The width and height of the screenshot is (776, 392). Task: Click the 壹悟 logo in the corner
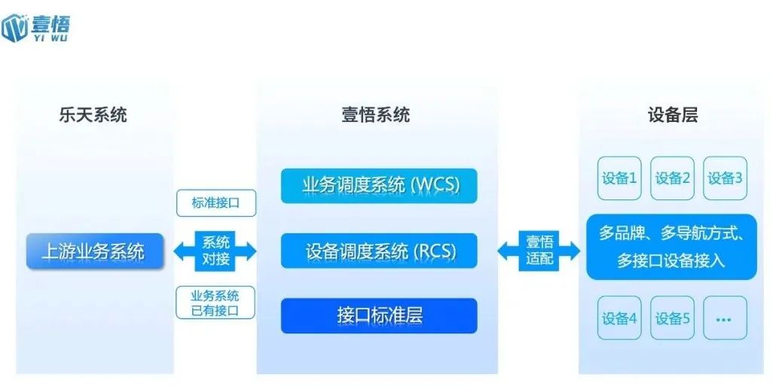click(36, 26)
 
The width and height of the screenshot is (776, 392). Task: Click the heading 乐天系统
click(93, 115)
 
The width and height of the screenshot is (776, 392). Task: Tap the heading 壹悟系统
click(375, 115)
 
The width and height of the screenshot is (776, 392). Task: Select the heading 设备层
click(672, 115)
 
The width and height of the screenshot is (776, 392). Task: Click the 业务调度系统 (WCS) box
click(380, 185)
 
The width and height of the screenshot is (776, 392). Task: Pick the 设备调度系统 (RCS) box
click(380, 251)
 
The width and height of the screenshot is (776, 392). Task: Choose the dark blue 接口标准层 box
click(380, 315)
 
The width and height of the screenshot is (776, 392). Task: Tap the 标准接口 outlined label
click(215, 203)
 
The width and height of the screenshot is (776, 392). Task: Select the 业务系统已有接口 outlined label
click(215, 302)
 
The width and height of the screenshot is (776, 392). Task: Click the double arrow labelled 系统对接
click(215, 251)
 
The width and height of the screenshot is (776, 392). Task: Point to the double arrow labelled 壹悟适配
click(539, 251)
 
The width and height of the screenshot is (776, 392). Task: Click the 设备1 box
click(619, 178)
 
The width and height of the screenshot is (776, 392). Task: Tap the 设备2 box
click(672, 178)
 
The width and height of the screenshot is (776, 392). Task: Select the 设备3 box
click(725, 178)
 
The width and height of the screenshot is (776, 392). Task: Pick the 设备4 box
click(619, 318)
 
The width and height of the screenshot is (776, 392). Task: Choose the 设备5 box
click(672, 318)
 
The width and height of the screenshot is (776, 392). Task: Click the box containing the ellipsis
click(725, 318)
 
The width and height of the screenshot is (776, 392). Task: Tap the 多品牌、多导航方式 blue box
click(672, 247)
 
